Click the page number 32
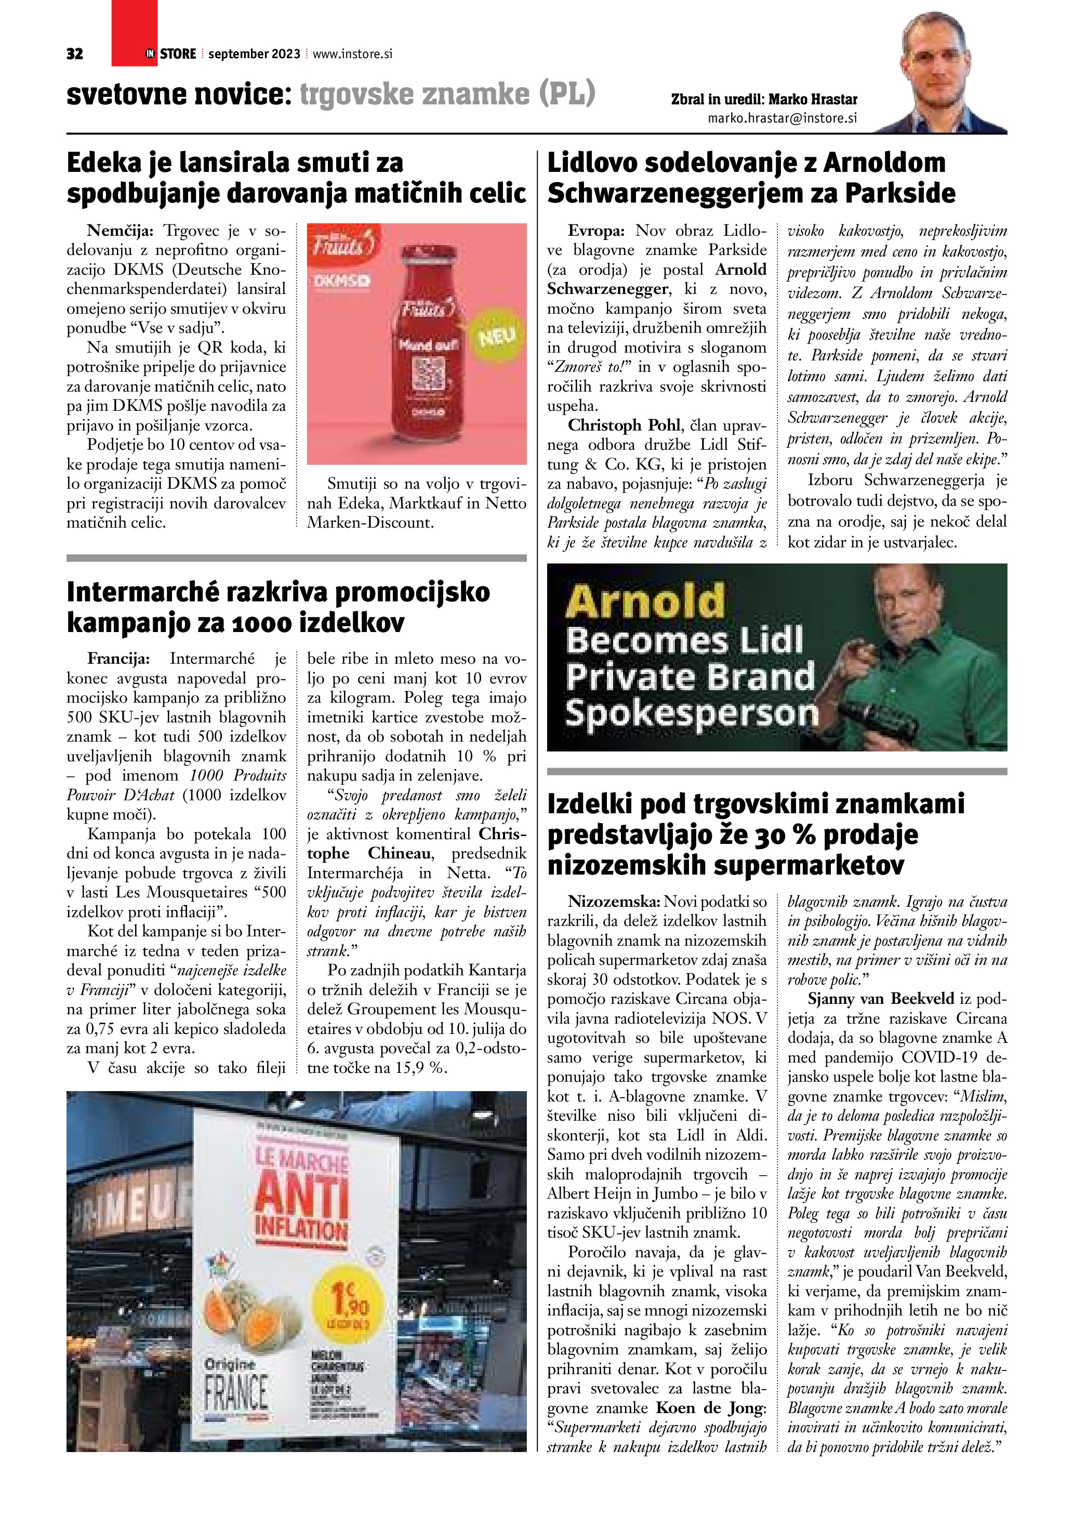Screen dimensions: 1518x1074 75,54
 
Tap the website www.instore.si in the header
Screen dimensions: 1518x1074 352,54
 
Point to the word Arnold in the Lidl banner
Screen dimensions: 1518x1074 645,602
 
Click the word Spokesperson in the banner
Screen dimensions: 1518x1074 692,714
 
